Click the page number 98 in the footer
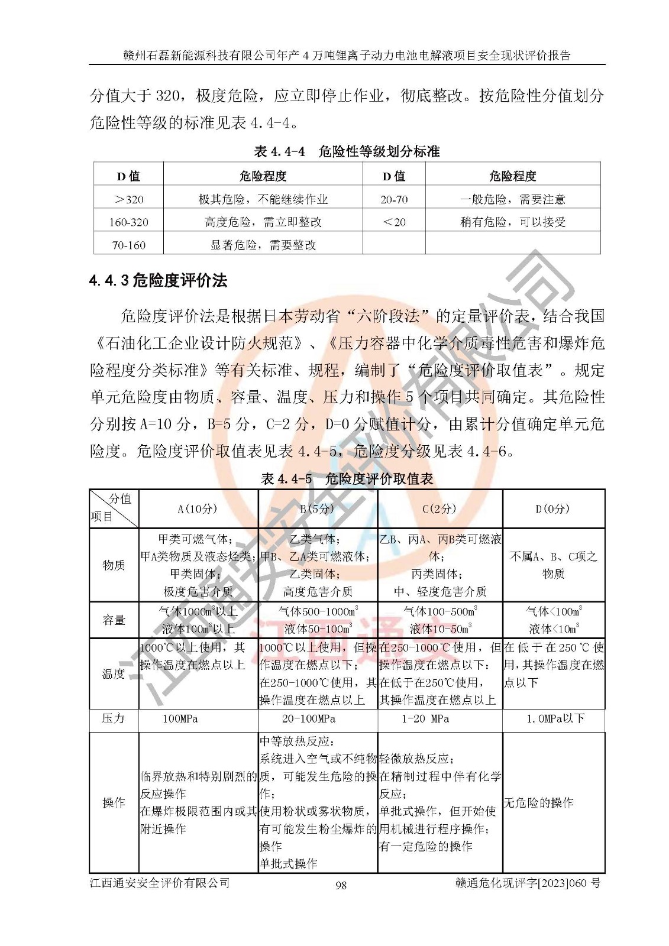341,885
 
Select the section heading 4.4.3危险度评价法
158,280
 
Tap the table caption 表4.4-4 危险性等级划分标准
347,151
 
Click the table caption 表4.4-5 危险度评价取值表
347,479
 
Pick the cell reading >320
129,199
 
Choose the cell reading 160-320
129,222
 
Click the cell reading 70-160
129,245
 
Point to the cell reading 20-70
394,199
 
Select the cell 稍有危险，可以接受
513,222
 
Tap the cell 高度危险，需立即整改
263,222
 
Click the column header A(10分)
198,509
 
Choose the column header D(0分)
553,509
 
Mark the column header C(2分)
439,509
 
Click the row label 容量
114,620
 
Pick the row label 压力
114,718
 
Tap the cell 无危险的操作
538,802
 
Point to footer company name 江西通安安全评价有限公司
160,883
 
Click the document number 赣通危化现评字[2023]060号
528,883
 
